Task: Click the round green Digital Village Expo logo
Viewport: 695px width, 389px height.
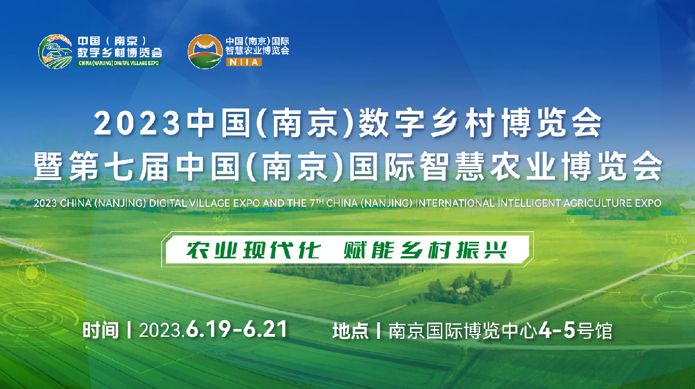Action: (x=56, y=52)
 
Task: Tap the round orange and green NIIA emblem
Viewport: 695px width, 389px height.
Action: (x=205, y=52)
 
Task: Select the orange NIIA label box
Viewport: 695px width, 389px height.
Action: (x=244, y=62)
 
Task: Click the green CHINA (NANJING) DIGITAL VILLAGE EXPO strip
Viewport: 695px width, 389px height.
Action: (x=119, y=63)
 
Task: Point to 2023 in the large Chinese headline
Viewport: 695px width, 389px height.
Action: (x=137, y=123)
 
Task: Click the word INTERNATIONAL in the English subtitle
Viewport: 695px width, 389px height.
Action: (x=455, y=203)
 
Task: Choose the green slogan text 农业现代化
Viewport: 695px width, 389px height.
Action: (x=253, y=250)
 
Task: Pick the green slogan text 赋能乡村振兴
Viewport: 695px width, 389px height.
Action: (x=425, y=250)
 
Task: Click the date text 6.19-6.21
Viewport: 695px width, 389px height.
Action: (x=237, y=330)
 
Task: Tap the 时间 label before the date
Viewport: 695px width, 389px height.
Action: (x=101, y=330)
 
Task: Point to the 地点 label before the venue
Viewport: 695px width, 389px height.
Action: (x=351, y=331)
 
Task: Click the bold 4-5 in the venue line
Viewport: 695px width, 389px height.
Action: (x=557, y=330)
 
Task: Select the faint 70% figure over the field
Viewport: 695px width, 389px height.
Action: (x=32, y=248)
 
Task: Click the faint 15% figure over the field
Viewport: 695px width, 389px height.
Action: (x=676, y=238)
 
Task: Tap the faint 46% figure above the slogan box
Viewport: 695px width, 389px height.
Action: (x=221, y=218)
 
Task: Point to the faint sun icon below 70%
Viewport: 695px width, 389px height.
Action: (x=32, y=273)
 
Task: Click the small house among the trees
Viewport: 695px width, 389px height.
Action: (x=462, y=290)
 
